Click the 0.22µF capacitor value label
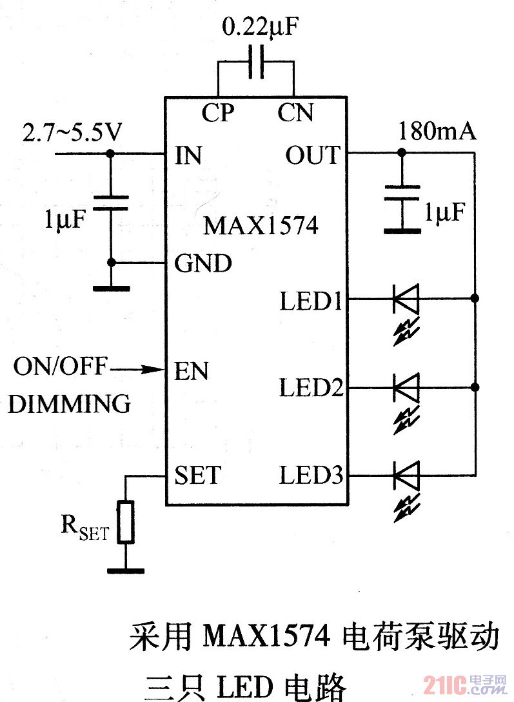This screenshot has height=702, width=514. click(x=261, y=27)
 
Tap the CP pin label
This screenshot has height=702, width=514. click(x=218, y=113)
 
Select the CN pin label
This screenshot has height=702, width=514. click(x=295, y=113)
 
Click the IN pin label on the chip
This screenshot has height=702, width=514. click(x=188, y=155)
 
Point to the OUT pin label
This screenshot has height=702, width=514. click(x=312, y=155)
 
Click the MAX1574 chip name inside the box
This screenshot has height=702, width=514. click(x=261, y=226)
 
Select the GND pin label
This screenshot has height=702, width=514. click(x=203, y=264)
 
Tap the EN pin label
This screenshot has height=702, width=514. click(x=191, y=371)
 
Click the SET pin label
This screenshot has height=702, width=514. click(x=197, y=476)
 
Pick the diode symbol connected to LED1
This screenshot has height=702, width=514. click(x=406, y=299)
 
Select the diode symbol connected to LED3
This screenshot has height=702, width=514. click(x=406, y=476)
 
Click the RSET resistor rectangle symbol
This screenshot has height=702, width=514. click(x=126, y=521)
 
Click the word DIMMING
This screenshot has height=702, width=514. click(x=70, y=404)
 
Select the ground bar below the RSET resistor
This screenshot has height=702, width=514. click(x=126, y=570)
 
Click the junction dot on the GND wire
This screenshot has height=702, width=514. click(x=111, y=263)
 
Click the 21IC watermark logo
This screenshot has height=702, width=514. click(x=446, y=685)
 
